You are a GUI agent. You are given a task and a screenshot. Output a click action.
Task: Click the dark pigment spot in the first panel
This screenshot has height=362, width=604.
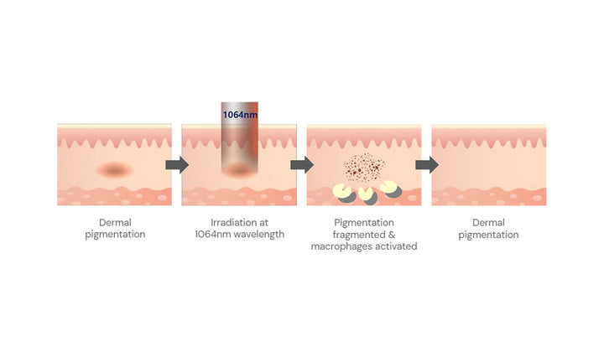(114, 169)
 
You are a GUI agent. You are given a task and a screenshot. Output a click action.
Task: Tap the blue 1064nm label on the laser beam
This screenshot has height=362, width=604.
(240, 115)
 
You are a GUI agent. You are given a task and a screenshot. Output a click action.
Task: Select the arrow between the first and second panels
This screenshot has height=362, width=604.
(177, 165)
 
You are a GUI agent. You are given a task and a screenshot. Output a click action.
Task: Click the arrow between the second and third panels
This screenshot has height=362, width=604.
(302, 165)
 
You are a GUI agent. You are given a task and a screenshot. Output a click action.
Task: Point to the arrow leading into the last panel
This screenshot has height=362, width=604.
(427, 165)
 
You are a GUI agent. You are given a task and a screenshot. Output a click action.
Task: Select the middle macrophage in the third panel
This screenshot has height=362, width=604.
(367, 195)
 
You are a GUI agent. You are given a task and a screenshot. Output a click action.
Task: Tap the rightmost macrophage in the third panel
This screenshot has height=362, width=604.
(391, 189)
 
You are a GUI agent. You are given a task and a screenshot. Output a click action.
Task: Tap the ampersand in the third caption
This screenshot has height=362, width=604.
(392, 235)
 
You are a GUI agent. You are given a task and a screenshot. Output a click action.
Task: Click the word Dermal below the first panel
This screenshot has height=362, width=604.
(115, 222)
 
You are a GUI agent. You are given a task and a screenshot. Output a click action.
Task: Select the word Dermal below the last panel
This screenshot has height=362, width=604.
(488, 222)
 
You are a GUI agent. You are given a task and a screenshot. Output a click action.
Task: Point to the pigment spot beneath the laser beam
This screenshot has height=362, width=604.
(239, 169)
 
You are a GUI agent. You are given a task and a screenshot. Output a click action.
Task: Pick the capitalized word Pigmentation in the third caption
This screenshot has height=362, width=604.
(364, 223)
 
